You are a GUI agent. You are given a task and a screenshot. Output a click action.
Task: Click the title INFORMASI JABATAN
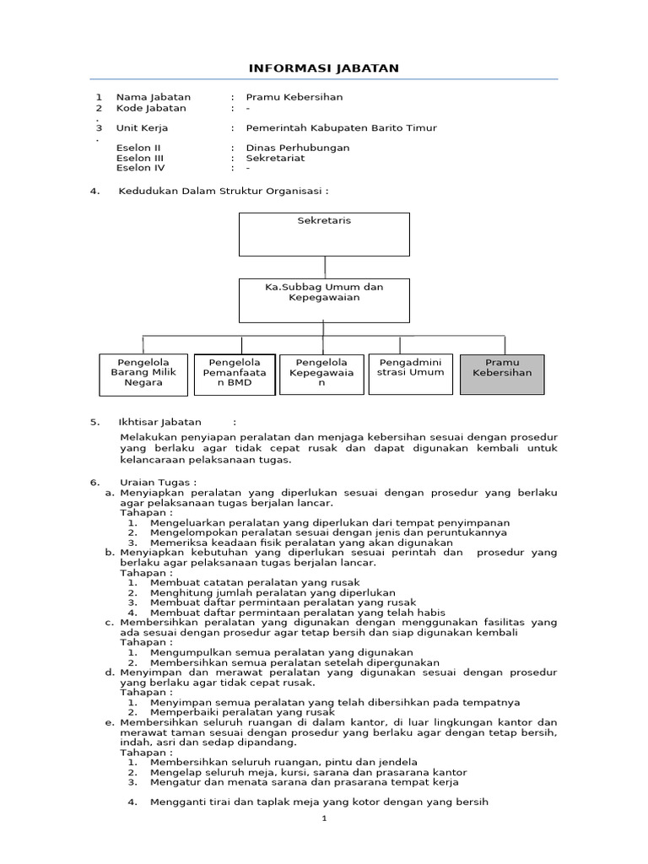click(x=324, y=67)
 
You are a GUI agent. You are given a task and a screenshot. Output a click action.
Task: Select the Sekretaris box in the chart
click(x=324, y=234)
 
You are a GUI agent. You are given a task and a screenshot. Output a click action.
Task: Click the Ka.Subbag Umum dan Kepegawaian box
click(x=324, y=300)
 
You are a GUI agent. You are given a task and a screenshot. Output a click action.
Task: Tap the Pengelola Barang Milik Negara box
click(x=143, y=375)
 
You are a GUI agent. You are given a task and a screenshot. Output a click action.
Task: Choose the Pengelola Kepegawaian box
click(x=321, y=374)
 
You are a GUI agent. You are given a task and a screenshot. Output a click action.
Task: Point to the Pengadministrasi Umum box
click(x=411, y=374)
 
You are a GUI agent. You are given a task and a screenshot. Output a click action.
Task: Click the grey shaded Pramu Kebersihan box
click(x=502, y=374)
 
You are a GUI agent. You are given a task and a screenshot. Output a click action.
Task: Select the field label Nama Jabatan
click(x=154, y=97)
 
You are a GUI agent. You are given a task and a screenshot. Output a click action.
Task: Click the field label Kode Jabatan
click(x=151, y=108)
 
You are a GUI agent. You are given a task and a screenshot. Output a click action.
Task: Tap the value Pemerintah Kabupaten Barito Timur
click(x=341, y=128)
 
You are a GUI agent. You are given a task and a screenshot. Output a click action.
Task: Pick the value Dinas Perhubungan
click(x=297, y=148)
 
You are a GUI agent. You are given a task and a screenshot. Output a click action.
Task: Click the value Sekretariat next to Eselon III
click(x=275, y=158)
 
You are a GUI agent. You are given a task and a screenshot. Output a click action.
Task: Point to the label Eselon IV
click(x=140, y=168)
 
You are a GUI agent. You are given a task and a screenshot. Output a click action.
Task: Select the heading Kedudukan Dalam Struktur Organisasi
click(x=223, y=191)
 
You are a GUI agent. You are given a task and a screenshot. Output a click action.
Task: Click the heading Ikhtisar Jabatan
click(x=160, y=422)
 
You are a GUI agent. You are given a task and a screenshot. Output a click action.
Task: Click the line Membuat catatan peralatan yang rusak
click(x=254, y=582)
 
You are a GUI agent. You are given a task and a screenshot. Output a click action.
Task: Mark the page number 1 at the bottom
click(x=324, y=819)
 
